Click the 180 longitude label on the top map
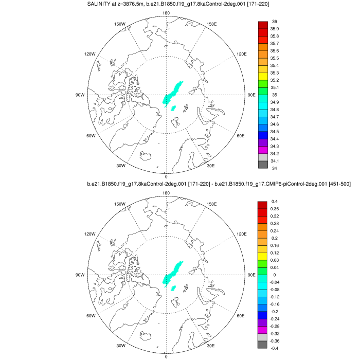pos(166,13)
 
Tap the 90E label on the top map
pos(251,95)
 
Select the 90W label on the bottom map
pos(80,275)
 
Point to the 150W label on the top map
pos(120,24)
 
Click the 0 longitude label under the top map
pos(166,176)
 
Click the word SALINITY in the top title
pos(101,5)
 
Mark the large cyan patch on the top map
pos(172,93)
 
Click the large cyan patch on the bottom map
pos(172,272)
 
